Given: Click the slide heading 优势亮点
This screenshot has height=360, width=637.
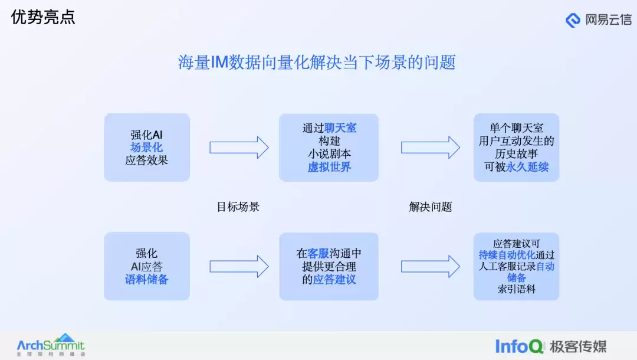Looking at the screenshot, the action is point(43,18).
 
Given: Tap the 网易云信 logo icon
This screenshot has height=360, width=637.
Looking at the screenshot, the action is point(573,20).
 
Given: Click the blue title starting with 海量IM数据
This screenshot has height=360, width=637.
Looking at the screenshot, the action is point(317,63).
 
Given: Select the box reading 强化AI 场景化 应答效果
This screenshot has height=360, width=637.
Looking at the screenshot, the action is point(147,148).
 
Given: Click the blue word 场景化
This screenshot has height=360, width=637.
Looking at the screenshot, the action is point(146,148).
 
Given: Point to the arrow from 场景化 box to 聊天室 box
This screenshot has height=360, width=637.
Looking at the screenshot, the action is point(239,148).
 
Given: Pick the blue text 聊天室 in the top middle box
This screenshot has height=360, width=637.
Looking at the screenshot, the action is point(340,128).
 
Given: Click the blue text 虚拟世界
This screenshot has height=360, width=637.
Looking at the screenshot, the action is point(329,167).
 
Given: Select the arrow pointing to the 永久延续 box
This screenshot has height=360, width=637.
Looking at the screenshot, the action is point(431,148).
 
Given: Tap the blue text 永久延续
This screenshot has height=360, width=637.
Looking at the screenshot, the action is point(527,167).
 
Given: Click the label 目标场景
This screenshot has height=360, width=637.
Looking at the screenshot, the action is point(238,207).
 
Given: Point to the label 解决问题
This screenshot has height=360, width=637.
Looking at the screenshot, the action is point(431,207).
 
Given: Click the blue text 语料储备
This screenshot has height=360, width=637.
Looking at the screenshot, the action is point(146,279).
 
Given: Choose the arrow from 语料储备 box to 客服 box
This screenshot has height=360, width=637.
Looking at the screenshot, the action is point(239,267).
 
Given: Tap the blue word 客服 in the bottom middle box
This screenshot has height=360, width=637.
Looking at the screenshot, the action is point(318,254).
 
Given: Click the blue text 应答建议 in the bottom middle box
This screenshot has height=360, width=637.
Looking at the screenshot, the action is point(334,279).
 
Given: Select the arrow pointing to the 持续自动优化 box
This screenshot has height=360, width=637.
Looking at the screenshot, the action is point(431,267).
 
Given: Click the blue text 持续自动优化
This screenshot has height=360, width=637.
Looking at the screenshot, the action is point(507,255).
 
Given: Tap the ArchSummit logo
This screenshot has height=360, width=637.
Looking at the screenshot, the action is point(51,345).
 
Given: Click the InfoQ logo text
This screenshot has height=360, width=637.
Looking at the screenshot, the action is point(519,346).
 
